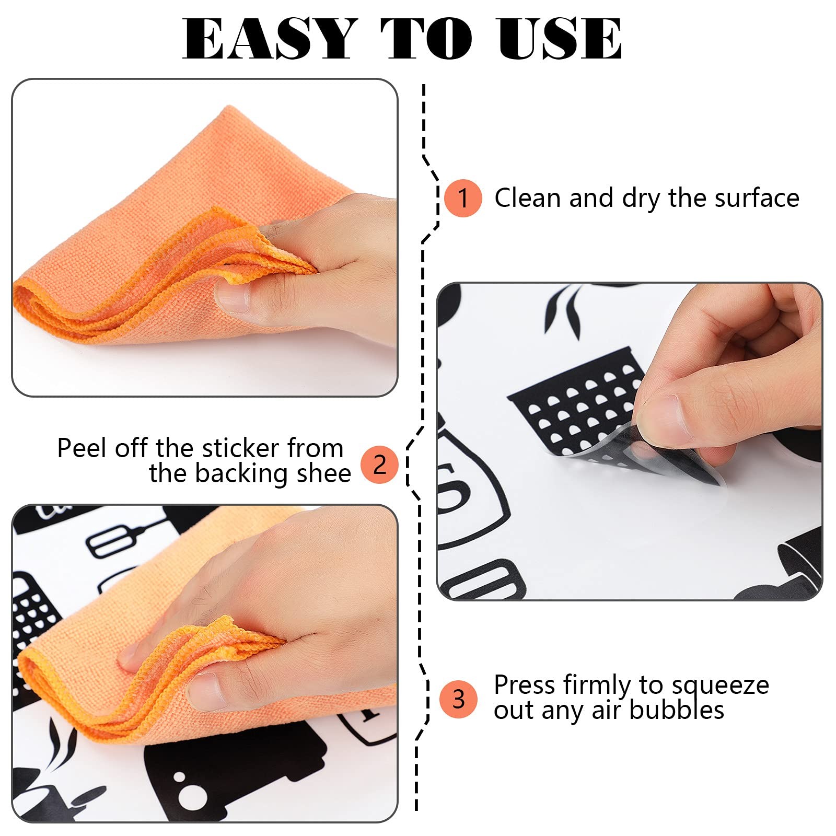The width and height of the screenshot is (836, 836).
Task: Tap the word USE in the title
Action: (560, 39)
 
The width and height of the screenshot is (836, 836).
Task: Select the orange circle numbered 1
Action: (462, 198)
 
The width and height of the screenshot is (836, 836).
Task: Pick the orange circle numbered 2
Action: (379, 464)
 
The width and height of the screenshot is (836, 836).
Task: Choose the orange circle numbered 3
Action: (458, 699)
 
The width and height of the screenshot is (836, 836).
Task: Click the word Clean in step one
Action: (528, 198)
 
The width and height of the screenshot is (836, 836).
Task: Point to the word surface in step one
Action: (757, 199)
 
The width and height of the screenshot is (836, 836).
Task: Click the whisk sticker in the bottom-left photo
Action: (123, 538)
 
